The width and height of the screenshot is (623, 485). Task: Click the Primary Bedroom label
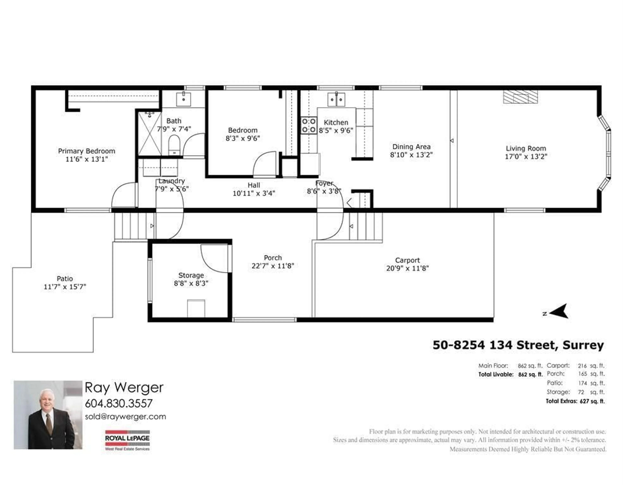coord(86,151)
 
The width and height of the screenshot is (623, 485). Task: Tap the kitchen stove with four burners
coord(309,126)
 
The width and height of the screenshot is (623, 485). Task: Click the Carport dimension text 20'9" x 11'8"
coord(407,268)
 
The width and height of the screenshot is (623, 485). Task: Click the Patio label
coord(65,279)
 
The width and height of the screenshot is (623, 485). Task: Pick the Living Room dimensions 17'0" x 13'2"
coord(526,156)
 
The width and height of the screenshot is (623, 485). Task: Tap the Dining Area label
coord(411,147)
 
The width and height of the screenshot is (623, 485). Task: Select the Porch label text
coord(273,258)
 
